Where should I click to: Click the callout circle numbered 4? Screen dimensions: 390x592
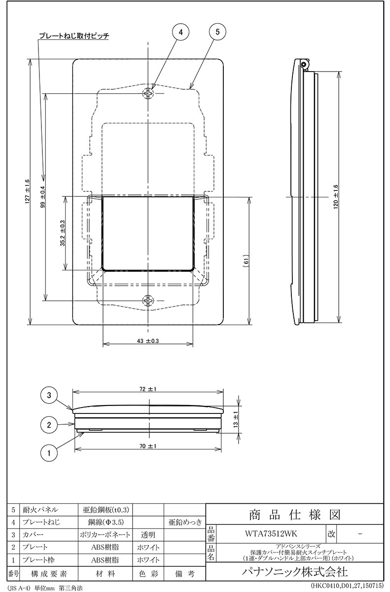coord(180,32)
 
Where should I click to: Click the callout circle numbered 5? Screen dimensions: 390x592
coord(217,32)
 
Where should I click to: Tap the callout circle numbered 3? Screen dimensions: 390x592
coord(49,395)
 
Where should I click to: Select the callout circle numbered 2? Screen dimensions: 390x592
coord(49,425)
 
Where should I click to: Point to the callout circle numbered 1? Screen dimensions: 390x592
coord(49,453)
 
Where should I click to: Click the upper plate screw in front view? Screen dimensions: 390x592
coord(148,93)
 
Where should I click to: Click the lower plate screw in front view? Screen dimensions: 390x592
coord(148,300)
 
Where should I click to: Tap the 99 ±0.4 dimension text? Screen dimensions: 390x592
coord(43,197)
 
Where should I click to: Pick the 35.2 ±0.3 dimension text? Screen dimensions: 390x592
coord(63,233)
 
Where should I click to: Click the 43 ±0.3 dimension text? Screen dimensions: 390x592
coord(148,341)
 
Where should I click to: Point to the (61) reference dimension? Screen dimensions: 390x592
coord(246,261)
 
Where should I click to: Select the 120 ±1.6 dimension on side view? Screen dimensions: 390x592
coord(336,197)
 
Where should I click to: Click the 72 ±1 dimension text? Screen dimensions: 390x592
coord(148,389)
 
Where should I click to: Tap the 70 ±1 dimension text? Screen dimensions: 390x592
coord(148,446)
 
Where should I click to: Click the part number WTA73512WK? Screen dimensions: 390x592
coord(271,534)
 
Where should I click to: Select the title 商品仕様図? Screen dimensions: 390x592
coord(295,515)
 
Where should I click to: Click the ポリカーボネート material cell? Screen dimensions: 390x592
coord(105,535)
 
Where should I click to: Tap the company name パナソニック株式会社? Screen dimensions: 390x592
coord(295,572)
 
